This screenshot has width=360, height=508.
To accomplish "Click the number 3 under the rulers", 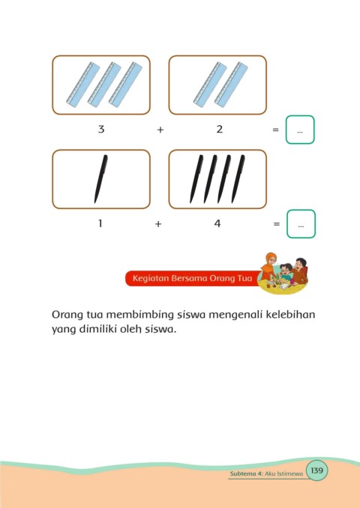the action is tap(101, 130).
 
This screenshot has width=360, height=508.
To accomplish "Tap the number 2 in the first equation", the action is tap(220, 130).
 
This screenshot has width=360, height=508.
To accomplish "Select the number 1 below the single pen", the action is tap(100, 223).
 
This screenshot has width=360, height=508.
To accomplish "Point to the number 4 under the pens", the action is tap(217, 223).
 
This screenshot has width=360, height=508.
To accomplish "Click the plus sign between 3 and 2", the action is tap(160, 130).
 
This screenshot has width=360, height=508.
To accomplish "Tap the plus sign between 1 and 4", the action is tap(158, 224).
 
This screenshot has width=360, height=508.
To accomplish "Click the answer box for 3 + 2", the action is tap(300, 130).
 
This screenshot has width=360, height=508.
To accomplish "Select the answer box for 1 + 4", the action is tap(301, 224).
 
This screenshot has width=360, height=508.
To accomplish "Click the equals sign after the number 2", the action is tap(276, 130).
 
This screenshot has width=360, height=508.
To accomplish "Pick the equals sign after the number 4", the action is tap(277, 224).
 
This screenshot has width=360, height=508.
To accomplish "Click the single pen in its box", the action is tap(100, 179).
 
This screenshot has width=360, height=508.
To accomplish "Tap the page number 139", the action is tap(316, 470).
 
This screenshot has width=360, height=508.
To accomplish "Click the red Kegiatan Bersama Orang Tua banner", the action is tap(192, 278).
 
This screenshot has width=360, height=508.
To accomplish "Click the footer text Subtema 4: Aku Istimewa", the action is tap(266, 474).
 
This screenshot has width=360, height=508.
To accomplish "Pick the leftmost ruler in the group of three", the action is tap(83, 85).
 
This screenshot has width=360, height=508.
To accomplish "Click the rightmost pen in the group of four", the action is tap(238, 179).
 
